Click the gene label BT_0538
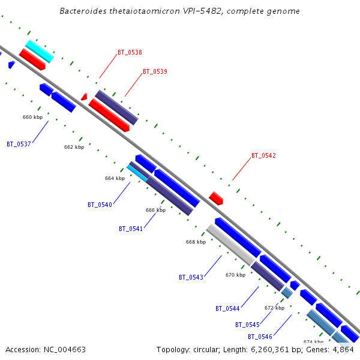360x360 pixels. [x=130, y=53]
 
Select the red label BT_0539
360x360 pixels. [x=155, y=72]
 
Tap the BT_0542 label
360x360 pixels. [x=263, y=156]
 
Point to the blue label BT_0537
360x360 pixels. [x=19, y=144]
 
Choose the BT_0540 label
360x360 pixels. [x=100, y=205]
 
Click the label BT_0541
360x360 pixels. [x=131, y=229]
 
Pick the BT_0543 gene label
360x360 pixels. [x=191, y=277]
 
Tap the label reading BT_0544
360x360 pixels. [x=227, y=308]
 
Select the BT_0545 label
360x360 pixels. [x=247, y=325]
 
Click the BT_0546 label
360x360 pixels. [x=260, y=337]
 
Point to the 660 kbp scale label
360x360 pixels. [x=32, y=117]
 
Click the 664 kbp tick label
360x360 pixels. [x=115, y=178]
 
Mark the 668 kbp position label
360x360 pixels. [x=196, y=242]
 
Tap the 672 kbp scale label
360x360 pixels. [x=274, y=308]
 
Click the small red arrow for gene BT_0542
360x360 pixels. [x=216, y=198]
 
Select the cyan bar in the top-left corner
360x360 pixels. [x=40, y=51]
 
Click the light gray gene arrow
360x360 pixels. [x=230, y=245]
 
